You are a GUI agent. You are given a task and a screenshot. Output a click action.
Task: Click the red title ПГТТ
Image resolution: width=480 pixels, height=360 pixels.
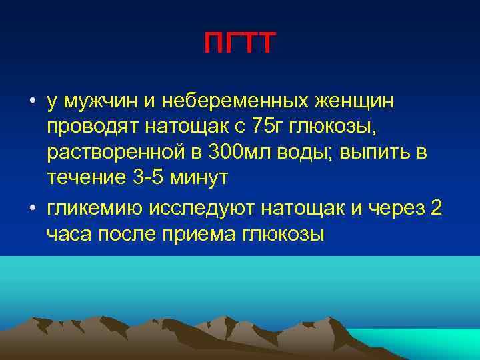click(x=239, y=45)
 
